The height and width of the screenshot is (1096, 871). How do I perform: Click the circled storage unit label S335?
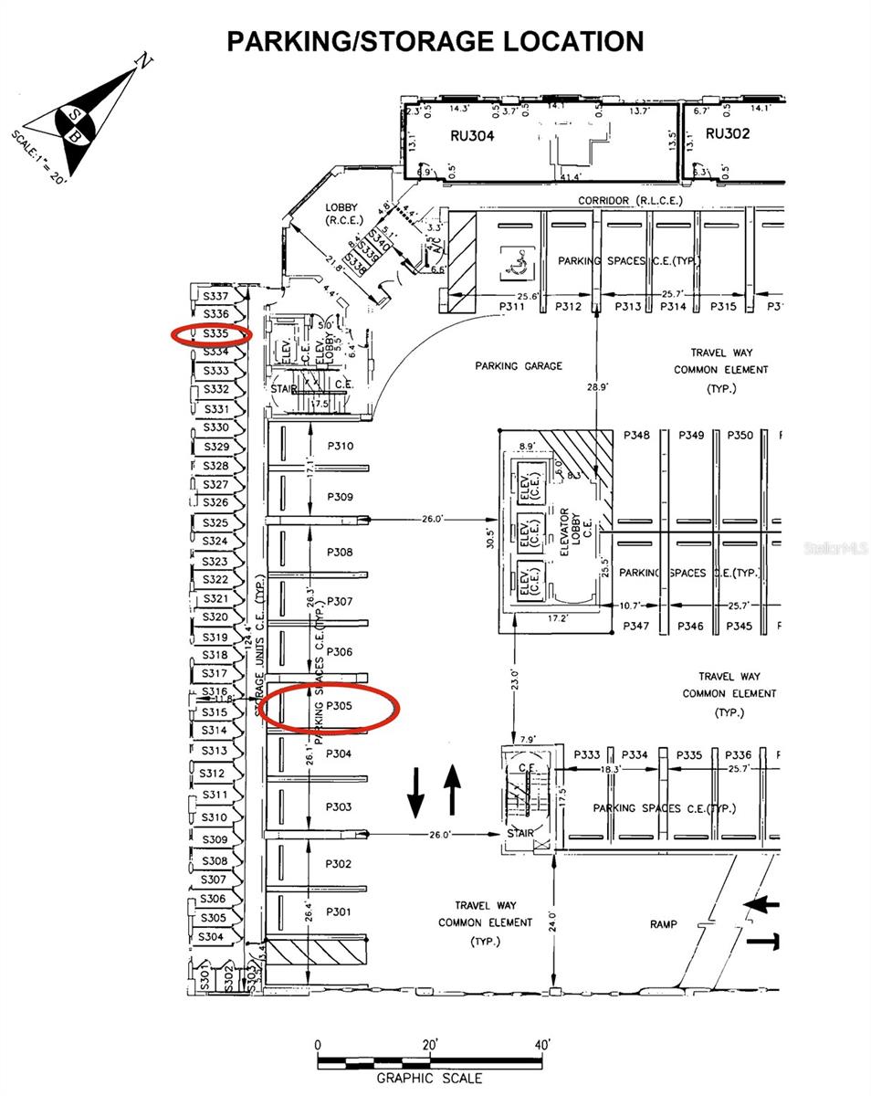tap(215, 334)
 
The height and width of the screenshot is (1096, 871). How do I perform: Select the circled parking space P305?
tap(338, 706)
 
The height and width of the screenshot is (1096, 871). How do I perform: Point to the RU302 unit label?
tap(728, 132)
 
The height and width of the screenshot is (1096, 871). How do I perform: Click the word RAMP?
tap(664, 924)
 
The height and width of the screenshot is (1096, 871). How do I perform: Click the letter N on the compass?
tap(142, 61)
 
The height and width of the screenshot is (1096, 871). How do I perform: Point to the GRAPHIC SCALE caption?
tap(429, 1079)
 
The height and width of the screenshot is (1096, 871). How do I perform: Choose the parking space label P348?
tap(636, 436)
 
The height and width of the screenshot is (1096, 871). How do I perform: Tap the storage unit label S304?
tap(211, 937)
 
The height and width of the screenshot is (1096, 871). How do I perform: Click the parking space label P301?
tap(338, 912)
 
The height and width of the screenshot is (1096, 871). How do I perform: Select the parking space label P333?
tap(587, 755)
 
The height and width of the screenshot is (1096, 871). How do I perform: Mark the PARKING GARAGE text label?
tap(519, 366)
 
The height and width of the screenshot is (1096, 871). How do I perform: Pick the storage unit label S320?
tap(215, 618)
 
